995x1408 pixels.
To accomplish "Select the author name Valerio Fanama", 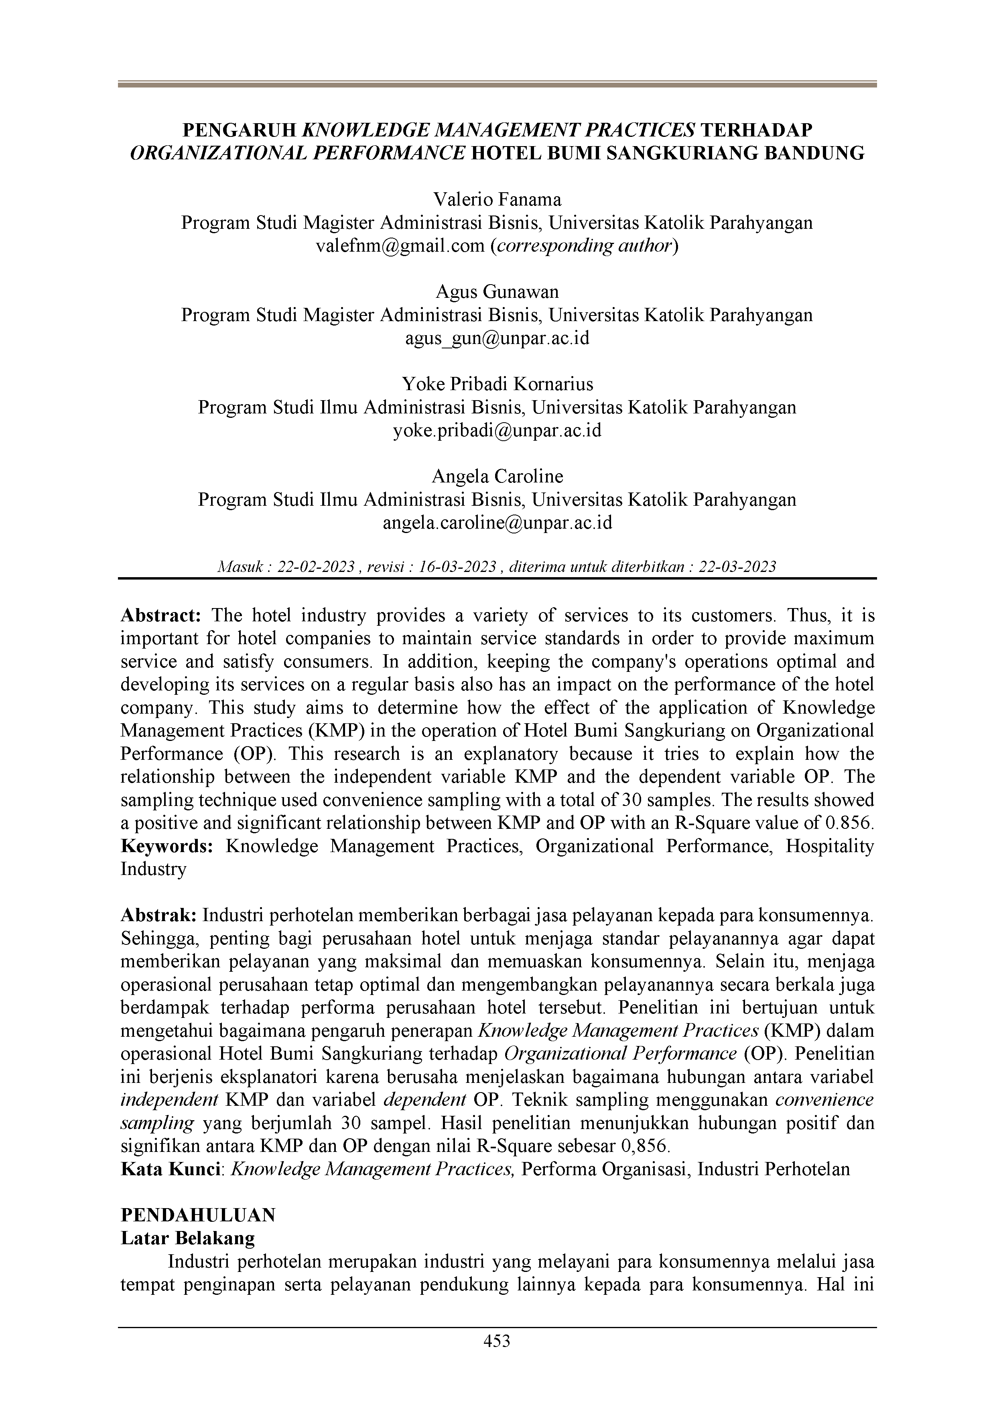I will [497, 199].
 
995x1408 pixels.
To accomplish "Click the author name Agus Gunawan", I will [497, 291].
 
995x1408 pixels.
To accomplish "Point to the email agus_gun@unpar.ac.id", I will [497, 338].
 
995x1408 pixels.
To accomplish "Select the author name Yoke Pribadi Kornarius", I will [497, 385].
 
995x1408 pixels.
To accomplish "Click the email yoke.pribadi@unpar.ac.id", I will [497, 431].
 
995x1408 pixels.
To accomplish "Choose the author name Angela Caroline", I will [497, 476].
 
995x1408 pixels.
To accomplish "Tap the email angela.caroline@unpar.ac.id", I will [497, 523].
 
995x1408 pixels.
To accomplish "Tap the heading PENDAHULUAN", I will [198, 1215].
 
